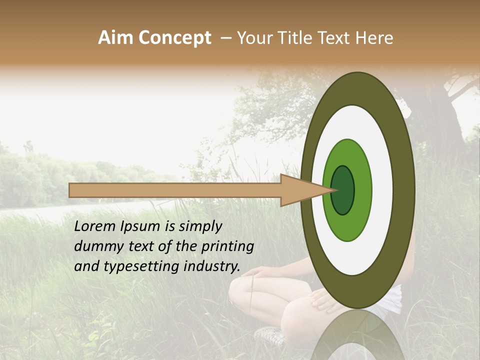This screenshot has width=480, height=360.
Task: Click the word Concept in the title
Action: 174,38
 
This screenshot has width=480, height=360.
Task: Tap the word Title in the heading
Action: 295,38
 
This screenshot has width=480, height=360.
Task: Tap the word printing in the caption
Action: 228,246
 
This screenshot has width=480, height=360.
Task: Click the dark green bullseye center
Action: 343,190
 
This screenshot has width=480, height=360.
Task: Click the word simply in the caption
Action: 200,226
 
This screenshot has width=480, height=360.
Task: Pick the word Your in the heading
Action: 254,38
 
